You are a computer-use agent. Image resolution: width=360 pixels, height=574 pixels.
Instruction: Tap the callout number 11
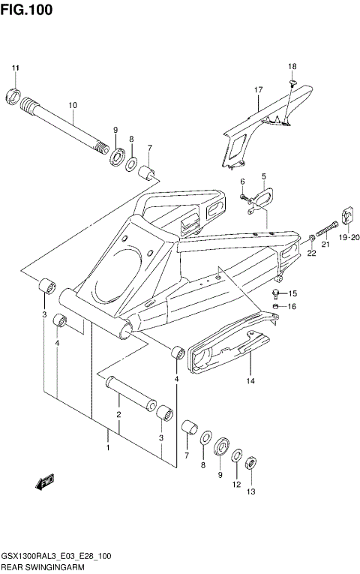click(x=14, y=70)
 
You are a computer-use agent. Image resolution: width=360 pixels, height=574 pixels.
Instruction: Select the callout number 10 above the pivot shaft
click(x=73, y=105)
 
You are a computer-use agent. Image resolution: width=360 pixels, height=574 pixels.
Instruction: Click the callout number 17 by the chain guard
click(x=258, y=91)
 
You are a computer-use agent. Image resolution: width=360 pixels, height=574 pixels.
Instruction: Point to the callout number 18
click(x=292, y=67)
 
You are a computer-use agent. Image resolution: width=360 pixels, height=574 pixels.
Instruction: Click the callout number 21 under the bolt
click(x=325, y=244)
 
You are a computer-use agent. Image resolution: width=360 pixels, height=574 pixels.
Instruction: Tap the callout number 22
click(x=311, y=254)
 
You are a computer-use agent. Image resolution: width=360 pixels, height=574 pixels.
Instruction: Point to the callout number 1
click(x=108, y=448)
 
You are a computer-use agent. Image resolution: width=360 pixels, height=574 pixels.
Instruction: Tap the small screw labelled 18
click(x=294, y=82)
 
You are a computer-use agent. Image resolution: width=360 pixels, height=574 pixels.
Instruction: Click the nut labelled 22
click(x=310, y=239)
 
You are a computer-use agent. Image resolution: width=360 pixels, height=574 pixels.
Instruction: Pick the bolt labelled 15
click(x=278, y=293)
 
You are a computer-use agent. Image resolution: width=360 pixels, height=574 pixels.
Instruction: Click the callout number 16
click(x=293, y=307)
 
